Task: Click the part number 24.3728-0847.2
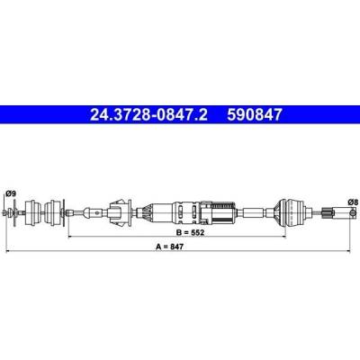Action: [148, 114]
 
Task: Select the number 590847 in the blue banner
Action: [255, 114]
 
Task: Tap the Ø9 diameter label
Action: [11, 193]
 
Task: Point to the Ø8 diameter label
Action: [353, 202]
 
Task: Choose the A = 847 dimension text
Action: [169, 247]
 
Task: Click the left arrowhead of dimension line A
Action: [8, 251]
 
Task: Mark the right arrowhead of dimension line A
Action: [348, 251]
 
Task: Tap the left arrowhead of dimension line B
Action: [71, 237]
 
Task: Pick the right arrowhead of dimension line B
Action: [283, 237]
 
